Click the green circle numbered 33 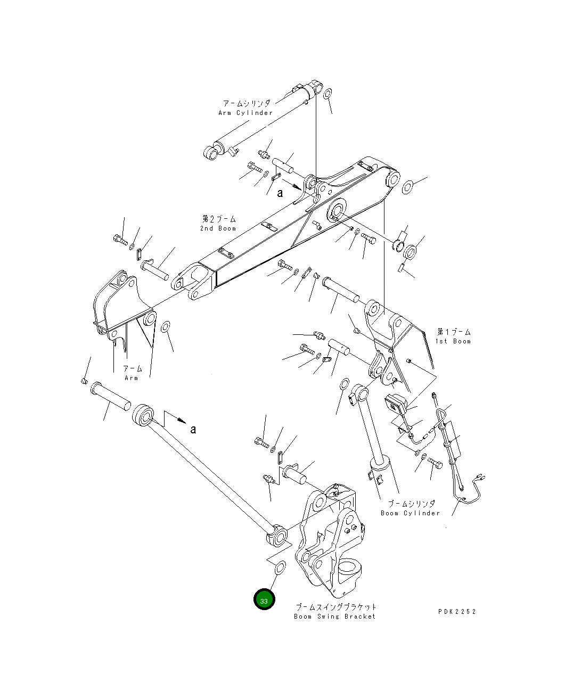tap(264, 599)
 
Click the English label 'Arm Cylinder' tap(245, 113)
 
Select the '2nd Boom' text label tap(218, 228)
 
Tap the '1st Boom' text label tap(453, 341)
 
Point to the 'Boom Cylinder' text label tap(410, 513)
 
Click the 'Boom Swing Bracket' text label tap(335, 616)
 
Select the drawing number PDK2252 tap(457, 611)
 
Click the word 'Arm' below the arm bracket tap(132, 378)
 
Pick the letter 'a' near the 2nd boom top tap(280, 193)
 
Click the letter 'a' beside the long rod tap(193, 429)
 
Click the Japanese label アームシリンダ tap(247, 103)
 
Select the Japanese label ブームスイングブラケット tap(336, 607)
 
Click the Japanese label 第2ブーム tap(219, 219)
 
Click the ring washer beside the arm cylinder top tap(328, 95)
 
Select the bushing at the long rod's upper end tap(143, 415)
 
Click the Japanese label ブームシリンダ tap(411, 504)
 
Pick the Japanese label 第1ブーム tap(454, 332)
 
